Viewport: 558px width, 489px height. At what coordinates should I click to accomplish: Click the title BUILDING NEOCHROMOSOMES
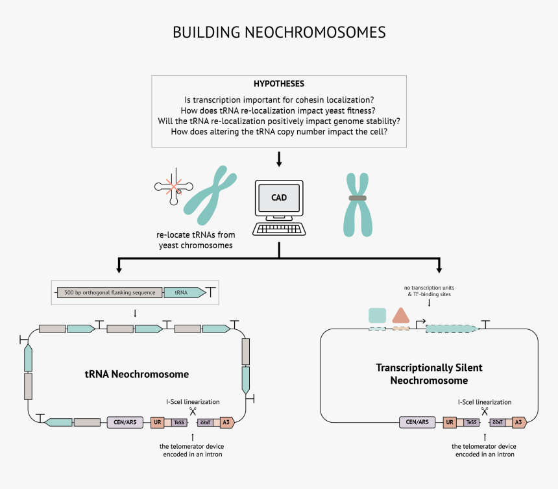pyautogui.click(x=279, y=32)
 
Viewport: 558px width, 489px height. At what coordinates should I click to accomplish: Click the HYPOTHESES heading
pyautogui.click(x=279, y=84)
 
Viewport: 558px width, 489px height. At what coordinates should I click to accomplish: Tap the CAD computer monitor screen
pyautogui.click(x=279, y=197)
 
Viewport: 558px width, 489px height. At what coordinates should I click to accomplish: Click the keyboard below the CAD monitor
pyautogui.click(x=279, y=229)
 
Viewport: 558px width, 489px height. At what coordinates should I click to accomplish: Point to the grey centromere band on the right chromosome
pyautogui.click(x=358, y=197)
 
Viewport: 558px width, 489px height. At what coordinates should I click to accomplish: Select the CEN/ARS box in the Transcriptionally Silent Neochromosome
pyautogui.click(x=417, y=422)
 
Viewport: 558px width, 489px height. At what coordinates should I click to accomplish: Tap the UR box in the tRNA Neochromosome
pyautogui.click(x=156, y=422)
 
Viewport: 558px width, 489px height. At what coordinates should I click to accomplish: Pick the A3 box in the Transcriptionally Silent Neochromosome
pyautogui.click(x=518, y=422)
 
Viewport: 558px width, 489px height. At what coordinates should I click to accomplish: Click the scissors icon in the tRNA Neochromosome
pyautogui.click(x=193, y=411)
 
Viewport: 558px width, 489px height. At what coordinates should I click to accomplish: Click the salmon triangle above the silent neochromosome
pyautogui.click(x=400, y=316)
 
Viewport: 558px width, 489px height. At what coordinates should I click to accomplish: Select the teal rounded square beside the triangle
pyautogui.click(x=377, y=316)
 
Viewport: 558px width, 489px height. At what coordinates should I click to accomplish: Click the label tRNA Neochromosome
pyautogui.click(x=137, y=374)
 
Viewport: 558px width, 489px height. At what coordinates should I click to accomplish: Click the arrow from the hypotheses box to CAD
pyautogui.click(x=279, y=158)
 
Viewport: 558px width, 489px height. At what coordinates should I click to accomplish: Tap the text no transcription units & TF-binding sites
pyautogui.click(x=429, y=290)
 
